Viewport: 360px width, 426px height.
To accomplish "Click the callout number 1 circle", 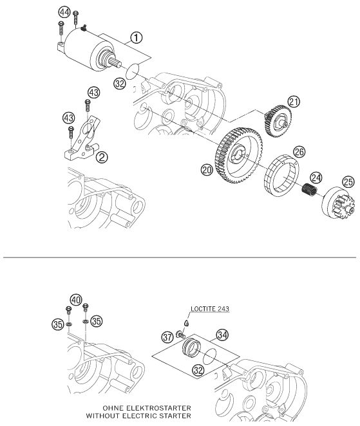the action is pyautogui.click(x=137, y=37).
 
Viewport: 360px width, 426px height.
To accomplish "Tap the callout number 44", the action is pyautogui.click(x=64, y=12).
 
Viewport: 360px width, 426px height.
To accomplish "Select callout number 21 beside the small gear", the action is pyautogui.click(x=294, y=102).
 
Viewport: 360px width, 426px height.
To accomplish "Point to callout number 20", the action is pyautogui.click(x=207, y=170).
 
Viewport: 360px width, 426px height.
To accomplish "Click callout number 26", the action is pyautogui.click(x=299, y=152).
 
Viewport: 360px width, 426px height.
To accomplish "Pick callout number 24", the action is pyautogui.click(x=316, y=178).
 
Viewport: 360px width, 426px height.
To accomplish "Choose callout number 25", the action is pyautogui.click(x=348, y=181).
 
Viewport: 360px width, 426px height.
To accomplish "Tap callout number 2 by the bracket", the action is pyautogui.click(x=102, y=157).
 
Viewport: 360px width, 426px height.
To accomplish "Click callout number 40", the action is pyautogui.click(x=76, y=300).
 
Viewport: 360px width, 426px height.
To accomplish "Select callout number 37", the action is pyautogui.click(x=167, y=337).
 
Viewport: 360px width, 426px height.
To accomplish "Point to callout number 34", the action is pyautogui.click(x=222, y=335).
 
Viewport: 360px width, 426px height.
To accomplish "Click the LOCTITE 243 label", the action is pyautogui.click(x=210, y=309).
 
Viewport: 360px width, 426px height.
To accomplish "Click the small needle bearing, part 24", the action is pyautogui.click(x=309, y=189).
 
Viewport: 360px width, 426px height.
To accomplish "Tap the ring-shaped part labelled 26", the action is pyautogui.click(x=281, y=176).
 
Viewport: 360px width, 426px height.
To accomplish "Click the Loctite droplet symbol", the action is pyautogui.click(x=186, y=323).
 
